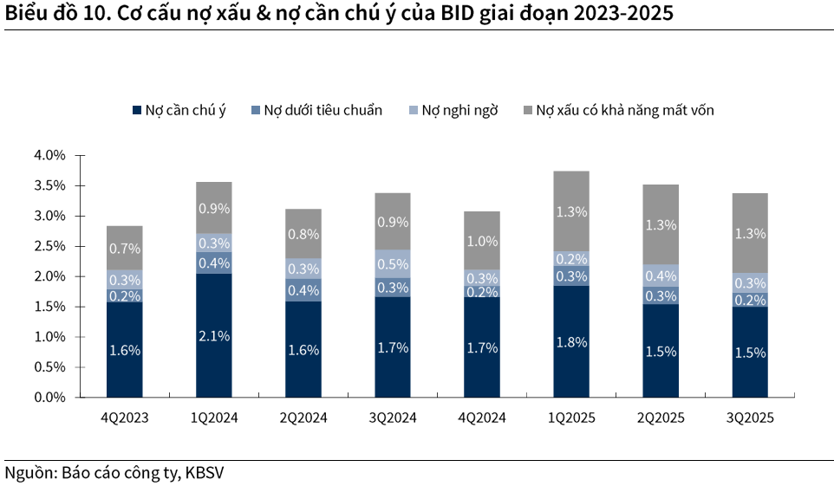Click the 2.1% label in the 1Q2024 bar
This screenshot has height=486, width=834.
tap(213, 336)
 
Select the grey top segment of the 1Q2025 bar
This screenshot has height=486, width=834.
tap(571, 211)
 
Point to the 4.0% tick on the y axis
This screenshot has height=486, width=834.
tap(49, 156)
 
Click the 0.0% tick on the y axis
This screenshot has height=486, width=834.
tap(49, 398)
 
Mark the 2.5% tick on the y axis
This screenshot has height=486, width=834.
tap(49, 246)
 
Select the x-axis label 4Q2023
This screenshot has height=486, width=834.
tap(124, 418)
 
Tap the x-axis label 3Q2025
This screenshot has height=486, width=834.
tap(750, 418)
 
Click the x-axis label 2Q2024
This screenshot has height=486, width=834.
tap(303, 418)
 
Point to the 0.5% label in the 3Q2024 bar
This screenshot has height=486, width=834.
tap(393, 263)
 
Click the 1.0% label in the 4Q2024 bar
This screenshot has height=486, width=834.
tap(482, 242)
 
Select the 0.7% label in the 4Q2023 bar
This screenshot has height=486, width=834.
tap(124, 249)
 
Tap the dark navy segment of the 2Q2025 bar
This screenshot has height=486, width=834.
tap(661, 350)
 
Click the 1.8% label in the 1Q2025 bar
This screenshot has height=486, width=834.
tap(571, 342)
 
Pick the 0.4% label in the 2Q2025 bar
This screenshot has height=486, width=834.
tap(661, 275)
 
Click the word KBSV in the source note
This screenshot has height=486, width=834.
tap(210, 473)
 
